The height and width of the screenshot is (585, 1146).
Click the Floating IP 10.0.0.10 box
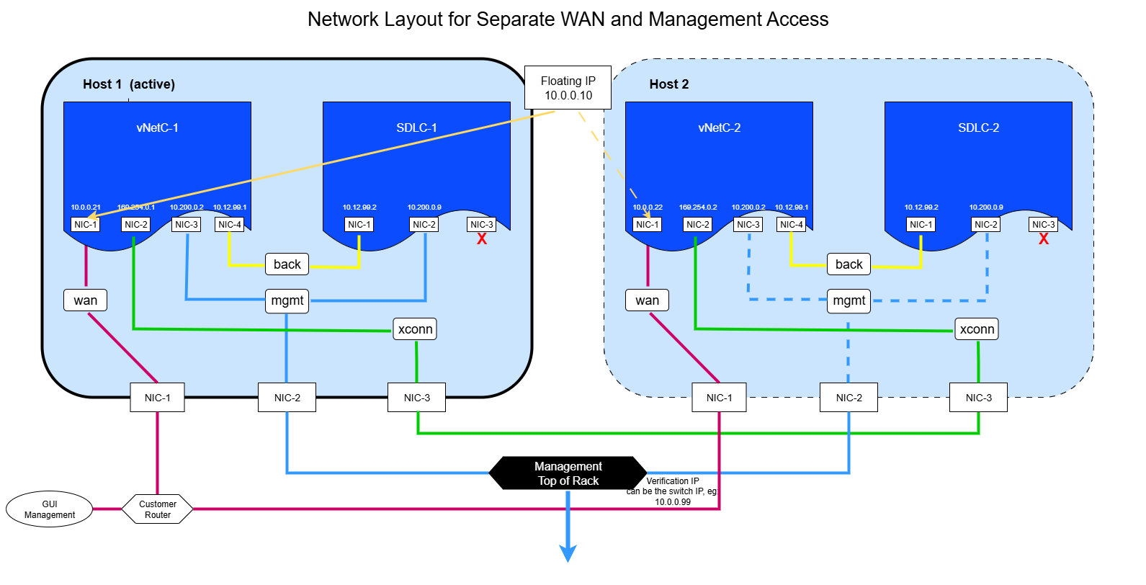tap(568, 88)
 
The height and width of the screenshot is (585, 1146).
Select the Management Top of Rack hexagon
tap(568, 473)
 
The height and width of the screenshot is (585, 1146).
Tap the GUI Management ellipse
tap(49, 509)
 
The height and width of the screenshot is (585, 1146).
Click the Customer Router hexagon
tap(157, 509)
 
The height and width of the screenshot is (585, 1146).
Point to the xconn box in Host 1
tap(415, 329)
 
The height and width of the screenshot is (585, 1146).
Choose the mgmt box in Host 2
tap(849, 300)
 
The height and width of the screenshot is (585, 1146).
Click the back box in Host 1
tap(287, 264)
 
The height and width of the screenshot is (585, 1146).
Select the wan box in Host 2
tap(647, 300)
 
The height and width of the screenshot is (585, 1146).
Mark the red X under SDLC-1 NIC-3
tap(482, 239)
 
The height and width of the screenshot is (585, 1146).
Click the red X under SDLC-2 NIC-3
tap(1044, 239)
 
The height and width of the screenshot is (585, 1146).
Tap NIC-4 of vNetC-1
tap(229, 225)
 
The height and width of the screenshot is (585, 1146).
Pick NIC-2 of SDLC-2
tap(985, 225)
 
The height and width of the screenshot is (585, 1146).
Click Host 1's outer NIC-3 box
tap(416, 398)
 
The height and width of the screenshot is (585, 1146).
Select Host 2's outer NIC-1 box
tap(719, 398)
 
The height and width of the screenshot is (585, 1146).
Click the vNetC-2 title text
tap(719, 128)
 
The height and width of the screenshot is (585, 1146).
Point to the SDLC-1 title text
tap(416, 128)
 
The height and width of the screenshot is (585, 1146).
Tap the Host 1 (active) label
tap(128, 84)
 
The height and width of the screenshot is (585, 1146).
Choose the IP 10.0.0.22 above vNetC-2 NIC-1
tap(648, 207)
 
